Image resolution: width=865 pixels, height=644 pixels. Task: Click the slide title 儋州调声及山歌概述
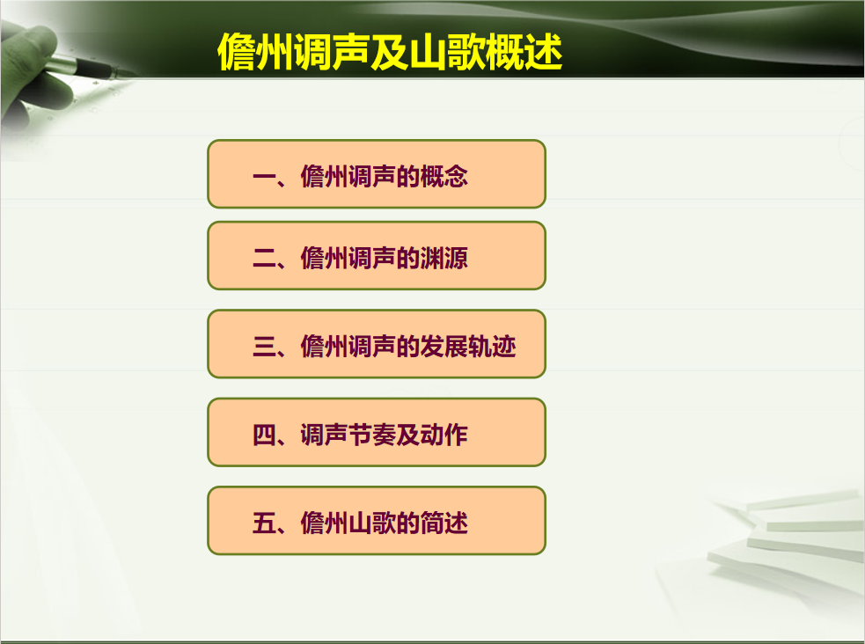click(x=390, y=52)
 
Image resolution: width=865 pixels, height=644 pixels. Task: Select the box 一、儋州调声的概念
click(x=377, y=174)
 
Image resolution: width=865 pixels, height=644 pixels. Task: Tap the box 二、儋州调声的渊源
click(x=377, y=255)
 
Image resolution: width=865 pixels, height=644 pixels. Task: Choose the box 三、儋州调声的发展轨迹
click(x=377, y=344)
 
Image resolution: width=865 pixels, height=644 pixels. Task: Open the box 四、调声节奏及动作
click(x=377, y=432)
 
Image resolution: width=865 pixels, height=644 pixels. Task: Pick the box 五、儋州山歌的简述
click(x=377, y=521)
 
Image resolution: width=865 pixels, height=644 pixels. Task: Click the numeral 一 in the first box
click(x=264, y=177)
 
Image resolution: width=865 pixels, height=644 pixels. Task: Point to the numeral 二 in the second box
click(x=264, y=258)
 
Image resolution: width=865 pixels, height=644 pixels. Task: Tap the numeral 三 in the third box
click(x=264, y=347)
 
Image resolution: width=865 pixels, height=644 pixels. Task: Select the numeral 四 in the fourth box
click(x=264, y=435)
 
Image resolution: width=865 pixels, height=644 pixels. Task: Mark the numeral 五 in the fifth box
click(x=264, y=523)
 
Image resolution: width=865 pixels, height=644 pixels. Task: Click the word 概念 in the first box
click(x=444, y=177)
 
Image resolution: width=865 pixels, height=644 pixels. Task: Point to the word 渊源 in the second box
click(x=444, y=258)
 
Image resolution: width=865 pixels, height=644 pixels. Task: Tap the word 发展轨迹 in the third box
click(x=468, y=347)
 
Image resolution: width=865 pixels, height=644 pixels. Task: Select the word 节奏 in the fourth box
click(x=372, y=435)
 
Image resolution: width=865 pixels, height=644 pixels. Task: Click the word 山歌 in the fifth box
click(x=372, y=523)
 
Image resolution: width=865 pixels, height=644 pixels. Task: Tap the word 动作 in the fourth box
click(x=444, y=435)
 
